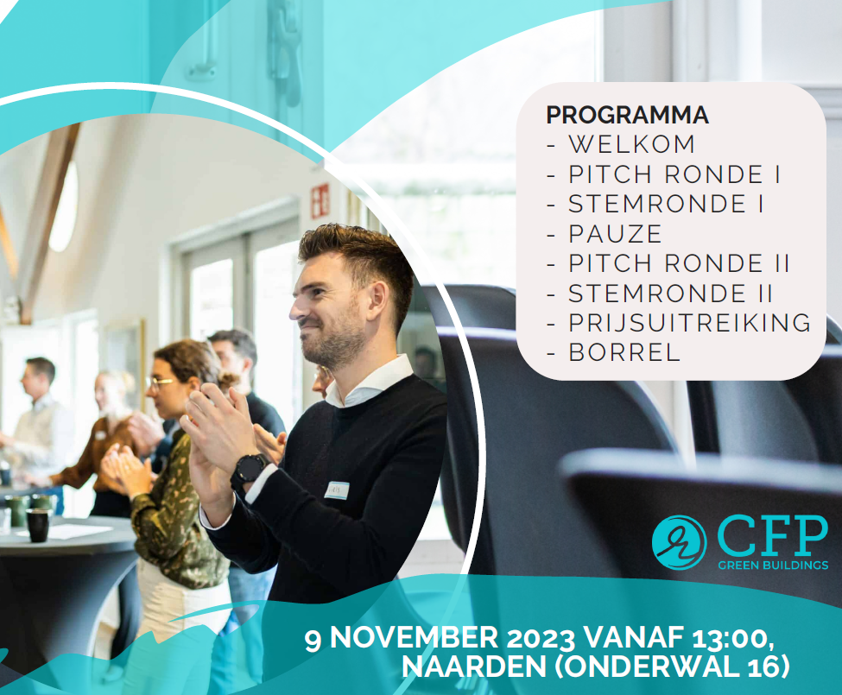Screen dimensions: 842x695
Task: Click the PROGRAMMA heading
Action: click(x=627, y=115)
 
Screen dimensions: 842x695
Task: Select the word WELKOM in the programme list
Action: click(x=632, y=144)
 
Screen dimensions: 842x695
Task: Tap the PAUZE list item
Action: click(x=616, y=234)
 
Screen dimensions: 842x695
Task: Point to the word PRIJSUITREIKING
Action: click(x=690, y=323)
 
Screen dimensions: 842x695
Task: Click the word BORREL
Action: click(x=624, y=352)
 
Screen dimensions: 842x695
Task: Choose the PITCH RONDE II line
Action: click(x=679, y=263)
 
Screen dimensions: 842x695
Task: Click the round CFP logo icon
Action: click(x=679, y=542)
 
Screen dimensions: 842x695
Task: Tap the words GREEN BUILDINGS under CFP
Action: click(x=773, y=565)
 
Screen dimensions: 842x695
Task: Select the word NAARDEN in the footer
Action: click(x=473, y=667)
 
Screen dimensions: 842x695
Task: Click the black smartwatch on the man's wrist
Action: click(x=249, y=469)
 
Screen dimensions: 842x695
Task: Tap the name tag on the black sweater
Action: click(x=337, y=490)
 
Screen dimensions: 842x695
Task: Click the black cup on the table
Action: click(x=38, y=525)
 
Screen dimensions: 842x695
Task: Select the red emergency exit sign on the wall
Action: click(x=320, y=200)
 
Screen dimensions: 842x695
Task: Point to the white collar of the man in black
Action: click(x=369, y=382)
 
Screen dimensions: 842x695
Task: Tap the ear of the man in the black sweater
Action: click(x=377, y=301)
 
